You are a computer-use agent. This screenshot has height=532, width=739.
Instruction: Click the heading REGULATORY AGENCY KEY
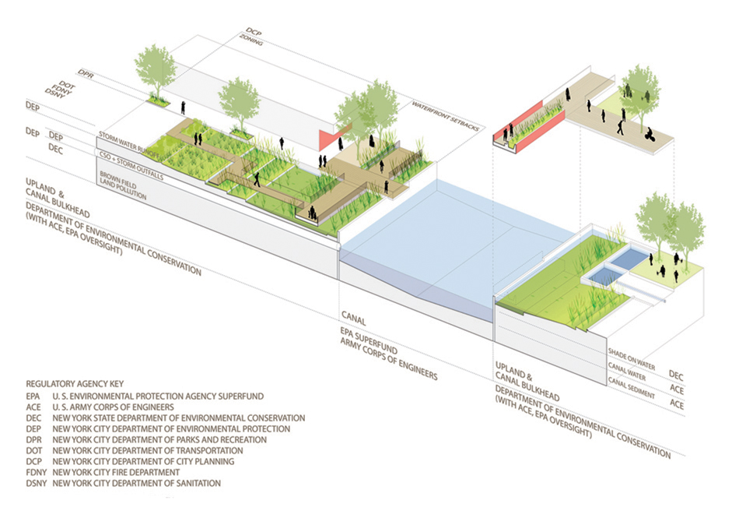pyautogui.click(x=75, y=384)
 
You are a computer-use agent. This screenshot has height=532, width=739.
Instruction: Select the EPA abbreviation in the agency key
pyautogui.click(x=33, y=396)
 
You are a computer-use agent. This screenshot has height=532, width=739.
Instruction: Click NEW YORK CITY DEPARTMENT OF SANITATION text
pyautogui.click(x=137, y=484)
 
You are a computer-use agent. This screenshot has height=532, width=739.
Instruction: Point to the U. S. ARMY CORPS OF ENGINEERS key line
pyautogui.click(x=113, y=407)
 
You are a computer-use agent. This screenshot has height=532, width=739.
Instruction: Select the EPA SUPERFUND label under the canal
pyautogui.click(x=369, y=341)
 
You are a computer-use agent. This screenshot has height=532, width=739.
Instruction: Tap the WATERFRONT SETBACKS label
pyautogui.click(x=446, y=116)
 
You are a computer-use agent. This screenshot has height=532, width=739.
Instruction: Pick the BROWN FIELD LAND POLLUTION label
pyautogui.click(x=124, y=185)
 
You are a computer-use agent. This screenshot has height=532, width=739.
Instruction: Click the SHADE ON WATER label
pyautogui.click(x=632, y=359)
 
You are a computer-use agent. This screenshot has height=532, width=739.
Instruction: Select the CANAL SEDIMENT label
pyautogui.click(x=631, y=388)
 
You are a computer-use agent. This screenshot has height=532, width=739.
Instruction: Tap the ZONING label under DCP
pyautogui.click(x=251, y=41)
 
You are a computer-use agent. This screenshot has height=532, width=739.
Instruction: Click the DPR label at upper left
pyautogui.click(x=86, y=74)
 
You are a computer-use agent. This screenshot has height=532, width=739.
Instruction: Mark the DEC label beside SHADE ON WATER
pyautogui.click(x=676, y=375)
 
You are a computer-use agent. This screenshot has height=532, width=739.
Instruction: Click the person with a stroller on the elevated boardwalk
pyautogui.click(x=650, y=134)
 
